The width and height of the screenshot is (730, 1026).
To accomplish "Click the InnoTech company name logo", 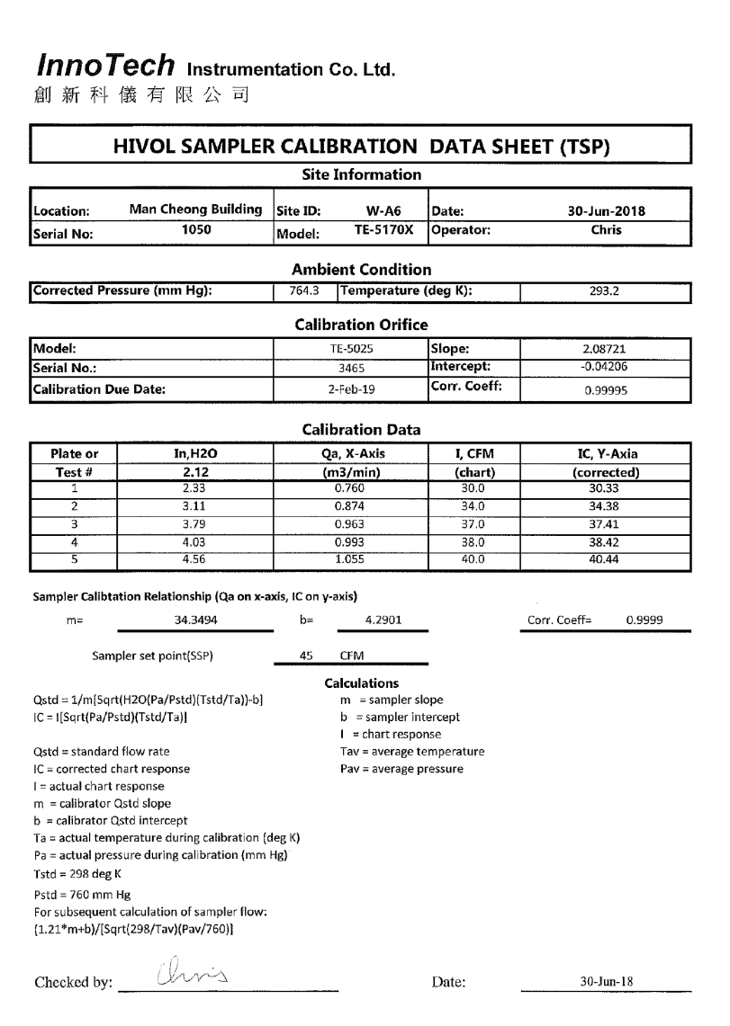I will [x=107, y=65].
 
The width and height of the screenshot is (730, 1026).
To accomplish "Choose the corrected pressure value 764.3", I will [x=303, y=290].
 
